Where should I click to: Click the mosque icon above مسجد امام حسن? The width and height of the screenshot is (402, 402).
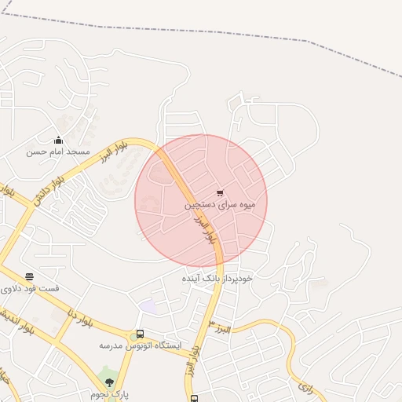58,140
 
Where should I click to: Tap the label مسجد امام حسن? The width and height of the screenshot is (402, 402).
58,151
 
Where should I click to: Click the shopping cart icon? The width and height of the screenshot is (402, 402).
219,193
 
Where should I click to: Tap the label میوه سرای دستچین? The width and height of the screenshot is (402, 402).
220,205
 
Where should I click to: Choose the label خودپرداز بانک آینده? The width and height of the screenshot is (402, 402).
217,279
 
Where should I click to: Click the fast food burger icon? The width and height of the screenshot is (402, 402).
29,276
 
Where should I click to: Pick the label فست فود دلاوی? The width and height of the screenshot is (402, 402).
30,288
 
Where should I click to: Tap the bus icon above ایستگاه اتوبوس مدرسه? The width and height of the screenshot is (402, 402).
140,334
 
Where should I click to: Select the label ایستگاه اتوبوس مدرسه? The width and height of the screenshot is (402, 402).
140,345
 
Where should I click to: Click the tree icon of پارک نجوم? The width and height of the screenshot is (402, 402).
109,382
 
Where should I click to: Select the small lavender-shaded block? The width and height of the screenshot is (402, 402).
148,306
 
